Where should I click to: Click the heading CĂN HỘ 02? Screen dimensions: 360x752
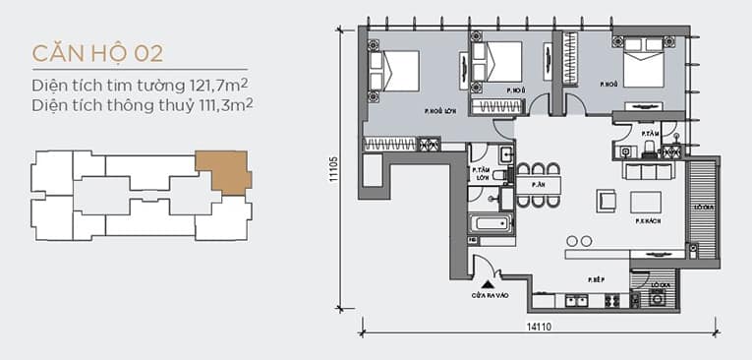click(x=96, y=52)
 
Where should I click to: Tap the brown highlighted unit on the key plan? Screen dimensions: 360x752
click(x=223, y=171)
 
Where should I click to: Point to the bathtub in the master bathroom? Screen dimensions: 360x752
click(x=491, y=224)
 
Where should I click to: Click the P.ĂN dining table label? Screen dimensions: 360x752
click(x=538, y=184)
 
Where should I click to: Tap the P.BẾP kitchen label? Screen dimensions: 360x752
click(x=594, y=279)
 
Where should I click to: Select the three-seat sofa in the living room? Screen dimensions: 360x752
click(x=649, y=172)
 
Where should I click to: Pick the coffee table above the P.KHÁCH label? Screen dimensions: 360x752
click(x=646, y=202)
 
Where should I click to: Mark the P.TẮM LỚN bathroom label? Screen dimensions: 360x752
click(x=482, y=174)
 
